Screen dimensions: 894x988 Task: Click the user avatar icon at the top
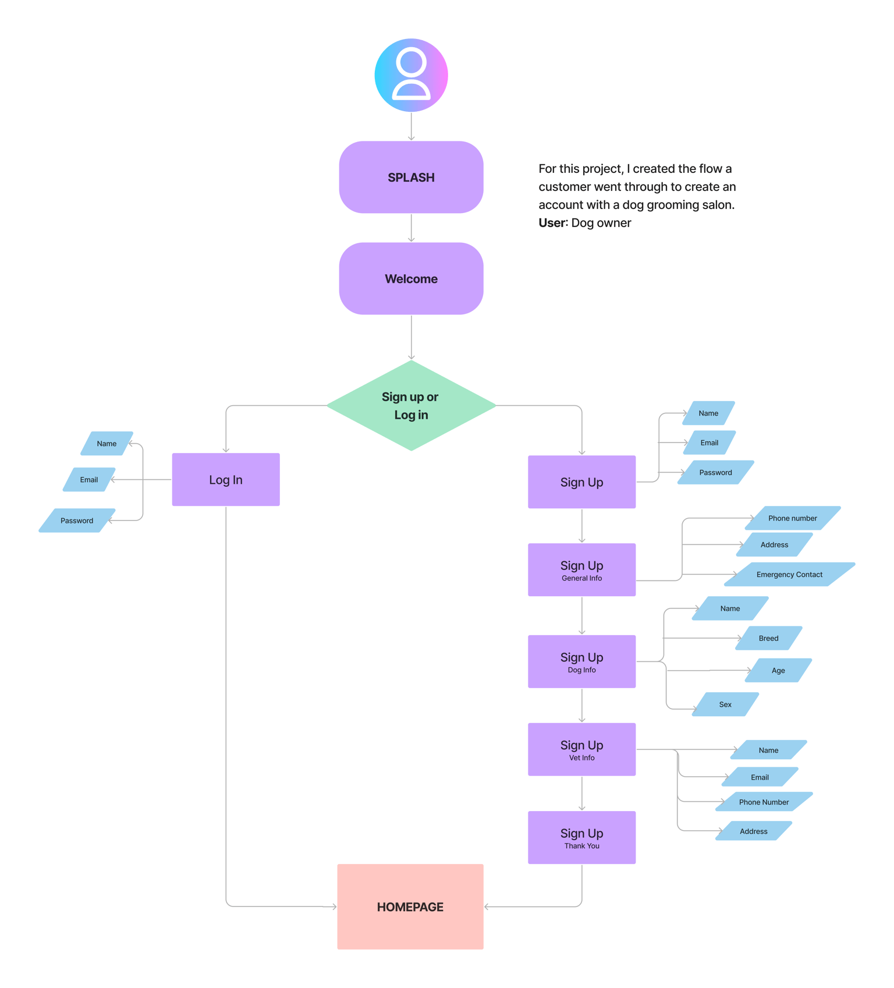point(411,75)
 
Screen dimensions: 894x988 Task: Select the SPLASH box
point(411,177)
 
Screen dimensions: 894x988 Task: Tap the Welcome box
point(411,278)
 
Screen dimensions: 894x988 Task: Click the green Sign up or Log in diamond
point(411,405)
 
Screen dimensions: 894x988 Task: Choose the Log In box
point(226,479)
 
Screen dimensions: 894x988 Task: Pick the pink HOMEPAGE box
point(410,906)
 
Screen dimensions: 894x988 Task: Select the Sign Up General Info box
point(581,569)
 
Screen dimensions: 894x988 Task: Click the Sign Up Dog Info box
point(581,661)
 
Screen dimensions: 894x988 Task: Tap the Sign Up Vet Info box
point(581,749)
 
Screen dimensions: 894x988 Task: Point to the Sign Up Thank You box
point(581,837)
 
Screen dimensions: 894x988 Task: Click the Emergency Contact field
point(790,574)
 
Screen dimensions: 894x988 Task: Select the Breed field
point(769,638)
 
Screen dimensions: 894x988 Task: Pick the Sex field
point(725,704)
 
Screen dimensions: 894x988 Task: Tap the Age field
point(779,670)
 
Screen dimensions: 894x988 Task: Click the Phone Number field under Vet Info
point(764,802)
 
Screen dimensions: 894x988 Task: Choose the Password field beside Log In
point(77,520)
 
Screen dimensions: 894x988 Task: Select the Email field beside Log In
point(89,480)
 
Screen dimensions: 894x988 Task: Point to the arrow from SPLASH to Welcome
point(411,228)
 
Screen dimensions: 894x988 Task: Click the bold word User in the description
point(552,223)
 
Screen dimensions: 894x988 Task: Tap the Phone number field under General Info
point(793,518)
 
